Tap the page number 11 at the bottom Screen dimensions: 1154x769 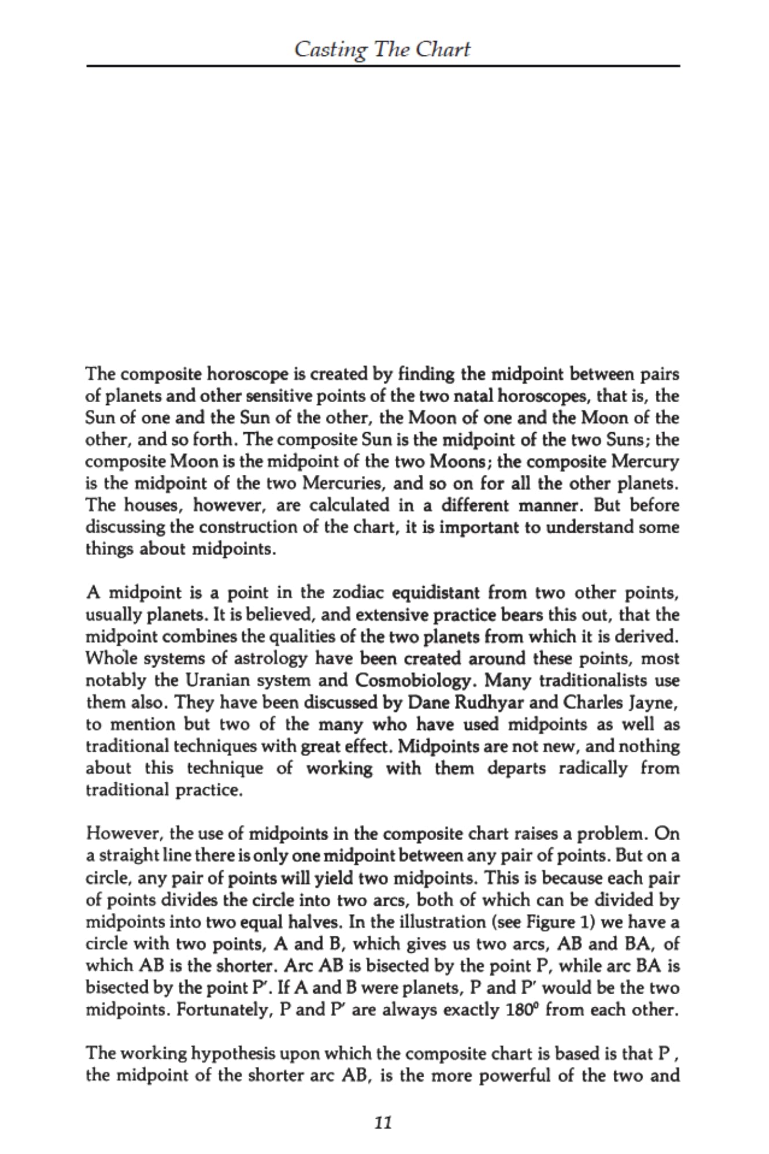pos(383,1122)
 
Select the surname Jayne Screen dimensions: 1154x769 pos(652,702)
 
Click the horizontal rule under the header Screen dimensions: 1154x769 pos(383,66)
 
